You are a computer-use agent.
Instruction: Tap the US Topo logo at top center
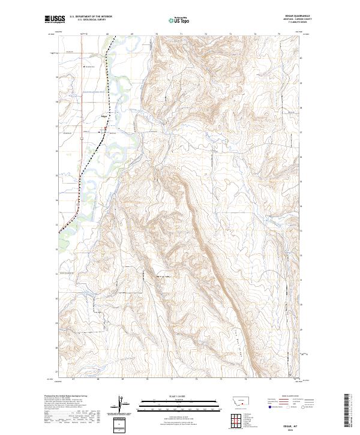point(180,20)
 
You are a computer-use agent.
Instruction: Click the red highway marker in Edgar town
point(106,128)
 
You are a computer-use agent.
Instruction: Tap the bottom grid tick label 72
point(196,379)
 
